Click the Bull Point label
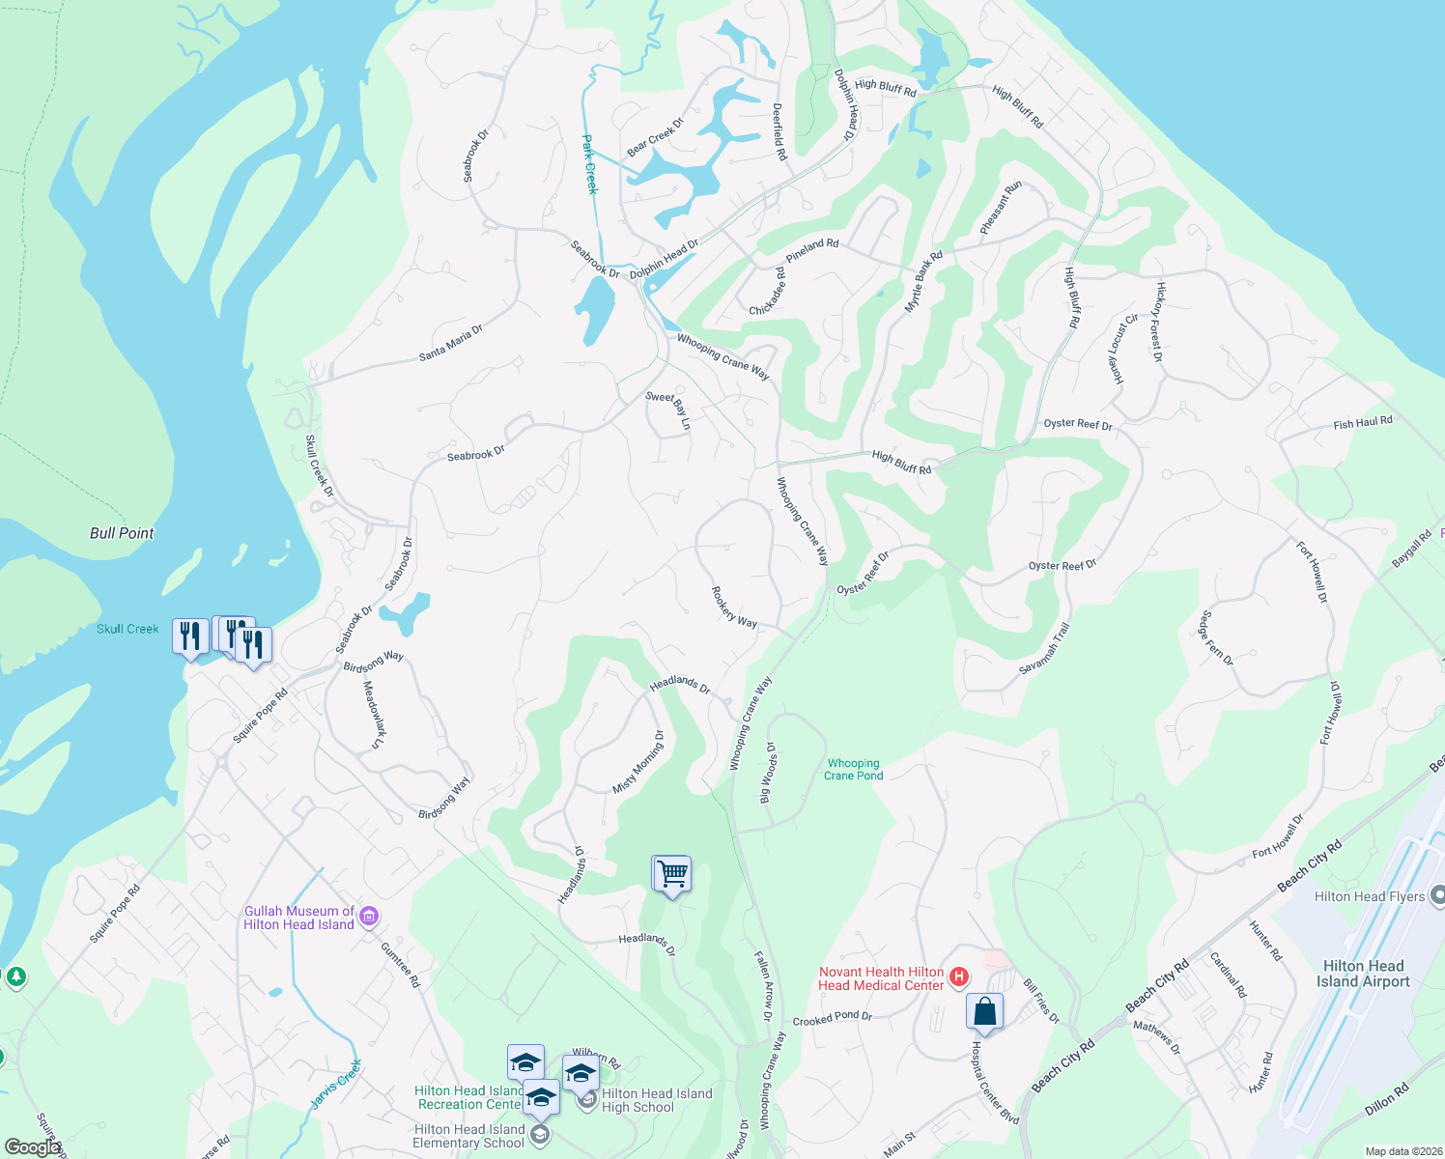(x=122, y=533)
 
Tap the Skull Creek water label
(x=127, y=629)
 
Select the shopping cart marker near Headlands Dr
(x=672, y=874)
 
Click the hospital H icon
(x=959, y=977)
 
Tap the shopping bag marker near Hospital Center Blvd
(x=984, y=1012)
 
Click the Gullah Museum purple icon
(x=368, y=917)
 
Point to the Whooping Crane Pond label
(x=854, y=769)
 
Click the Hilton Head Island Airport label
(x=1363, y=974)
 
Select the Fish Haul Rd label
(x=1363, y=422)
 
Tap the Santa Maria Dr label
(x=451, y=343)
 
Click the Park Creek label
(x=590, y=164)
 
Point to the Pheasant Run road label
(x=1001, y=208)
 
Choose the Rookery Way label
(x=734, y=608)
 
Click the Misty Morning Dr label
(x=638, y=763)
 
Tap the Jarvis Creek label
(x=336, y=1084)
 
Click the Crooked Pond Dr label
(x=833, y=1019)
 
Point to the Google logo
(x=32, y=1147)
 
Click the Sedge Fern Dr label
(x=1216, y=638)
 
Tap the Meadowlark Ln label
(x=374, y=715)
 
